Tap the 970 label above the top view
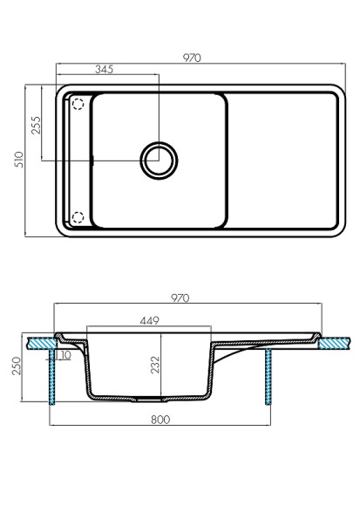tap(193, 58)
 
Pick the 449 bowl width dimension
tap(151, 320)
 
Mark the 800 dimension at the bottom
tap(160, 419)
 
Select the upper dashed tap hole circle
tap(78, 104)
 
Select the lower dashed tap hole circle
tap(78, 217)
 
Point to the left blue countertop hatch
tap(39, 344)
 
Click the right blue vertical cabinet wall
tap(268, 378)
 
